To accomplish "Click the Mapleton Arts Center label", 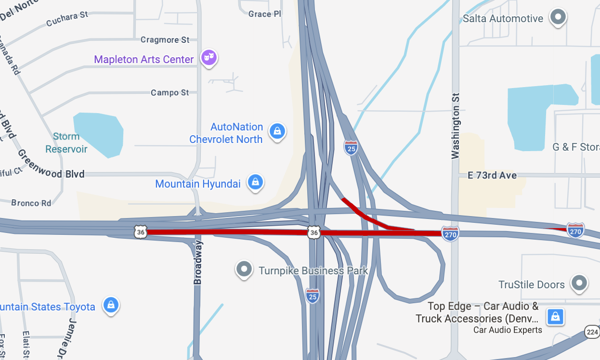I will (x=143, y=60).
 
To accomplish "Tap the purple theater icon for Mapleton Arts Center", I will (x=209, y=58).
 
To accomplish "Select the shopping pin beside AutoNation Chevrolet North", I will (x=277, y=130).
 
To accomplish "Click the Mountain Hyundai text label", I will (x=197, y=184).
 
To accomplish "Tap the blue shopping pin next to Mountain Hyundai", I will (x=255, y=182).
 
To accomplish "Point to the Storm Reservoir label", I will (x=66, y=143).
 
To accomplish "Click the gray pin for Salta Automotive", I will (x=558, y=17).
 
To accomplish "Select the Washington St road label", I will (x=456, y=125).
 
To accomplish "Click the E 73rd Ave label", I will (x=492, y=176).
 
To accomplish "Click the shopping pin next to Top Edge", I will (x=555, y=317).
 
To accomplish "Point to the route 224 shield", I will (x=592, y=332).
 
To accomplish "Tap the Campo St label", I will (x=170, y=92).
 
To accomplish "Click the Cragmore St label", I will (x=165, y=40).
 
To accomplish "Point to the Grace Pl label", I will (x=264, y=14).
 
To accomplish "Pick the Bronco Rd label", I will (x=31, y=203).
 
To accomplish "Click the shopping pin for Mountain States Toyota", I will (x=111, y=305).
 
